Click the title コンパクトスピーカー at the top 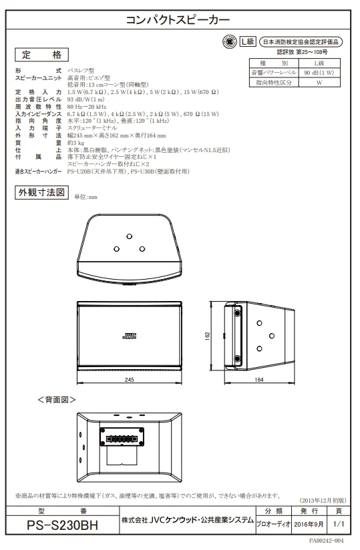(x=178, y=19)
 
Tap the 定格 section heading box (x=41, y=55)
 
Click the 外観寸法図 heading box (x=41, y=193)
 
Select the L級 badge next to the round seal (x=248, y=41)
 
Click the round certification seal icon (x=230, y=42)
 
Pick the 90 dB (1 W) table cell (x=319, y=73)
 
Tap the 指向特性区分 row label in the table (x=274, y=82)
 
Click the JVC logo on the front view (x=129, y=336)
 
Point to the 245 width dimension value (x=129, y=380)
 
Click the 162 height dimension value (x=207, y=336)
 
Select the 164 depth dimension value (x=259, y=380)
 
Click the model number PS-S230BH (x=63, y=525)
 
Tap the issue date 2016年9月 (x=309, y=524)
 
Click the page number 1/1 (x=339, y=524)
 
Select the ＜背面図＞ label (x=57, y=400)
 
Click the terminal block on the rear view (x=122, y=437)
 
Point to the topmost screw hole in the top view (x=130, y=236)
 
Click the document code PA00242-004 (x=327, y=541)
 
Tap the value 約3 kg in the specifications (x=75, y=143)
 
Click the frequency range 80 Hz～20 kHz (x=87, y=107)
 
